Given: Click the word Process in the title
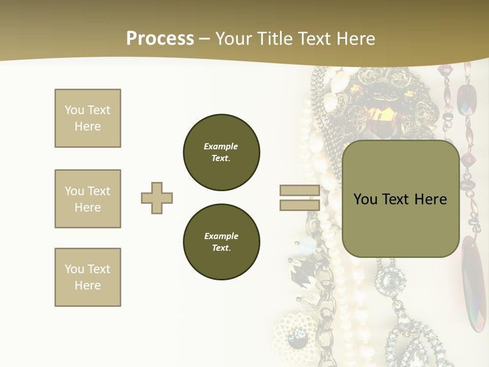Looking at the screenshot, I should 160,39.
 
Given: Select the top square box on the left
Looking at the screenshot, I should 88,118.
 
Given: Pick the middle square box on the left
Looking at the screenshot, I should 88,199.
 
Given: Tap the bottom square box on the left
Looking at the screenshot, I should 88,277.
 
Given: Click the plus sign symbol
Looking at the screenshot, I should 157,198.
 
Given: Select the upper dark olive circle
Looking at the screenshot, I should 222,152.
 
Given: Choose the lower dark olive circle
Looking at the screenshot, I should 222,242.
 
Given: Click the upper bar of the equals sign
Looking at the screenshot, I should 300,190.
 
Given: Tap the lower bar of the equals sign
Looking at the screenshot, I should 300,205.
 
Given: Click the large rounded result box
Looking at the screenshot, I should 401,199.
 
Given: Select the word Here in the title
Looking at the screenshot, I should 356,39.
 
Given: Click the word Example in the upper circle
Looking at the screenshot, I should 221,146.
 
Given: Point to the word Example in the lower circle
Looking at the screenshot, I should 221,236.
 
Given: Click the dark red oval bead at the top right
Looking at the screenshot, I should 467,100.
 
